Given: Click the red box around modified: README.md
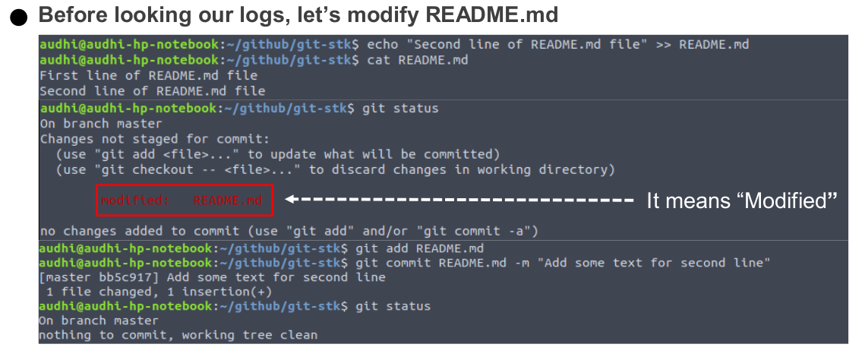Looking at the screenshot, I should [x=184, y=201].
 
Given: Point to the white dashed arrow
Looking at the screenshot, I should [x=459, y=201].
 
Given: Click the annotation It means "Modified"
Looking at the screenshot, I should [x=742, y=201].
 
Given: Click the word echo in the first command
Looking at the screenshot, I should [x=383, y=44].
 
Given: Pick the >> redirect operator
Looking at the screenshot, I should [x=663, y=44].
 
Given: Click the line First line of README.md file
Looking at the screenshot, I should [x=148, y=75].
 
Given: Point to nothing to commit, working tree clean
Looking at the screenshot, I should [x=178, y=335].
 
